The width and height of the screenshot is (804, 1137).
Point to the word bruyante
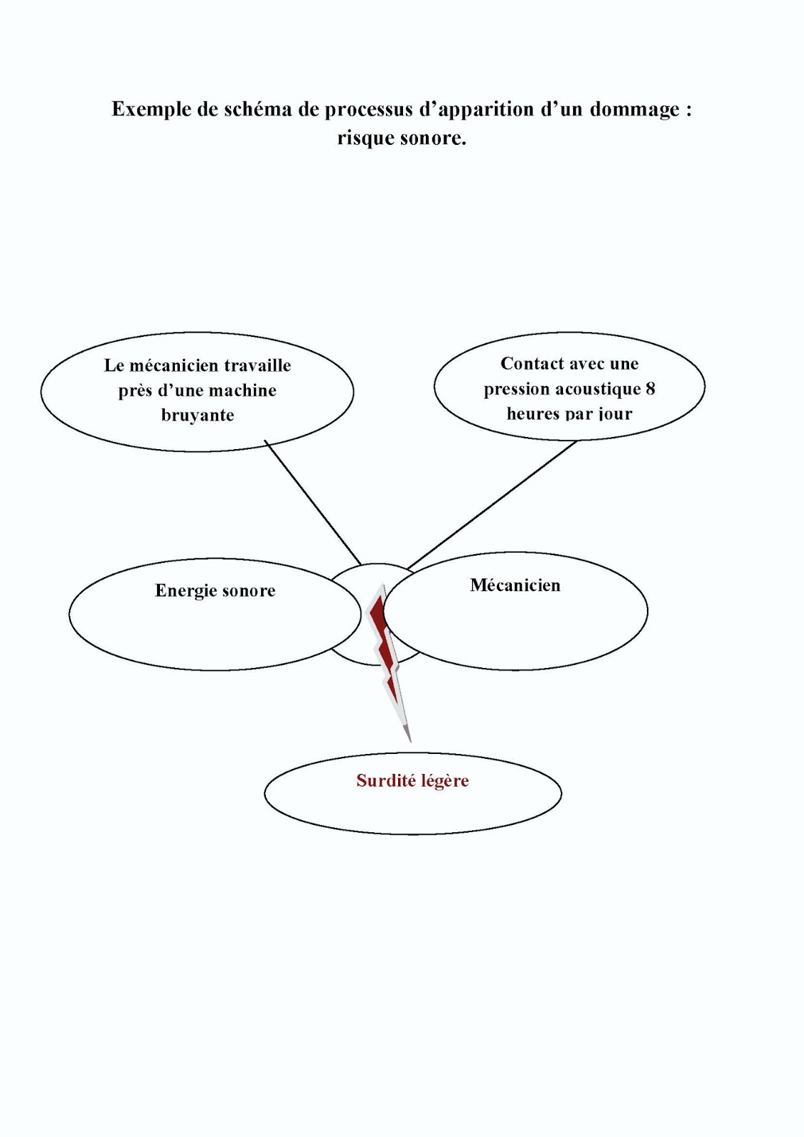click(x=198, y=415)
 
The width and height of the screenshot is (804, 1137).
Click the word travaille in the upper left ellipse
click(x=258, y=365)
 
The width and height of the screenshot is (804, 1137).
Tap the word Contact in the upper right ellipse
click(x=528, y=364)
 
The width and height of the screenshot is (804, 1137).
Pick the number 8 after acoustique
click(x=650, y=389)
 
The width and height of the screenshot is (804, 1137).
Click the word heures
click(x=532, y=414)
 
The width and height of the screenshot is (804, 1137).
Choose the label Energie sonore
click(x=215, y=591)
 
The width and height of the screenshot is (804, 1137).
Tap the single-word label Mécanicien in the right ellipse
click(x=515, y=586)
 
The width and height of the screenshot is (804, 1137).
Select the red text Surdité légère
click(x=412, y=781)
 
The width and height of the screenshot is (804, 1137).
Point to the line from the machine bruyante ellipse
click(x=313, y=502)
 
